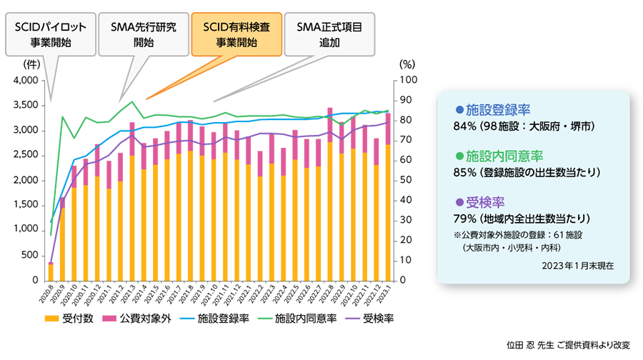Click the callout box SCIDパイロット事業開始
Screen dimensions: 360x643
[x=51, y=34]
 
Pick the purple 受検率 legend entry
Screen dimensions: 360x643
[x=369, y=318]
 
